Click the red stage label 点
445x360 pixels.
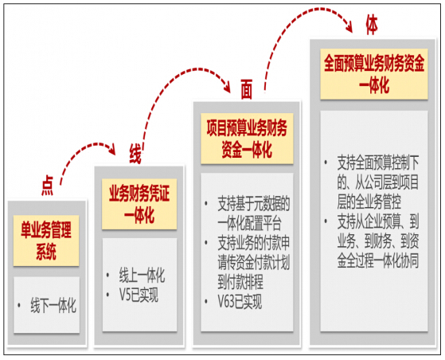pyautogui.click(x=48, y=186)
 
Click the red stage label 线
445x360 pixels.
pyautogui.click(x=135, y=154)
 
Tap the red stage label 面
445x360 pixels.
pyautogui.click(x=246, y=89)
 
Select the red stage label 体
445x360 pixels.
pyautogui.click(x=372, y=25)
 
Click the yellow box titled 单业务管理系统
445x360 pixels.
pyautogui.click(x=46, y=241)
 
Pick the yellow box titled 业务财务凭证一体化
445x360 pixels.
pyautogui.click(x=139, y=204)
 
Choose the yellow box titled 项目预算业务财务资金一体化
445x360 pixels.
pyautogui.click(x=247, y=139)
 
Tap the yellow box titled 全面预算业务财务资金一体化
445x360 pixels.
pyautogui.click(x=374, y=74)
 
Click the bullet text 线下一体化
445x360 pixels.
pyautogui.click(x=53, y=305)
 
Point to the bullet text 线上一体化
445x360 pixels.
pyautogui.click(x=142, y=275)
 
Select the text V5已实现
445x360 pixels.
pyautogui.click(x=139, y=295)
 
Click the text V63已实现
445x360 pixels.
pyautogui.click(x=240, y=302)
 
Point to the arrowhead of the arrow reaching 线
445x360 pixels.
pyautogui.click(x=113, y=151)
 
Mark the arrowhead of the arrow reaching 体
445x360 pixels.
pyautogui.click(x=349, y=27)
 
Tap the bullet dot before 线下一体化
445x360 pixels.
pyautogui.click(x=19, y=305)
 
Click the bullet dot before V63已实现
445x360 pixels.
pyautogui.click(x=206, y=302)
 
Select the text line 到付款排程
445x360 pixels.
pyautogui.click(x=240, y=281)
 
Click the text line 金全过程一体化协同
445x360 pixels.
pyautogui.click(x=378, y=260)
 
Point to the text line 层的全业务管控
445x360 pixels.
pyautogui.click(x=369, y=202)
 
